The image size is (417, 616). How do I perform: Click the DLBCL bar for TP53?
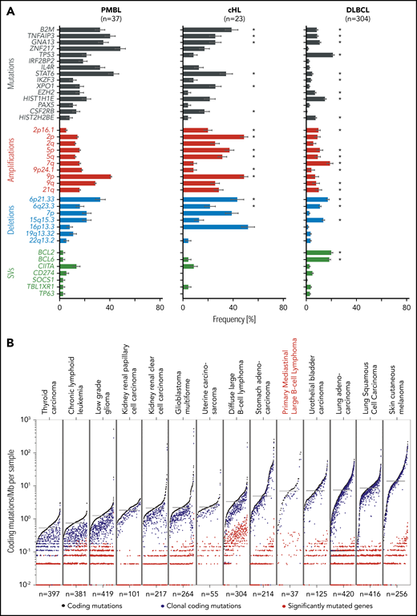(x=320, y=55)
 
